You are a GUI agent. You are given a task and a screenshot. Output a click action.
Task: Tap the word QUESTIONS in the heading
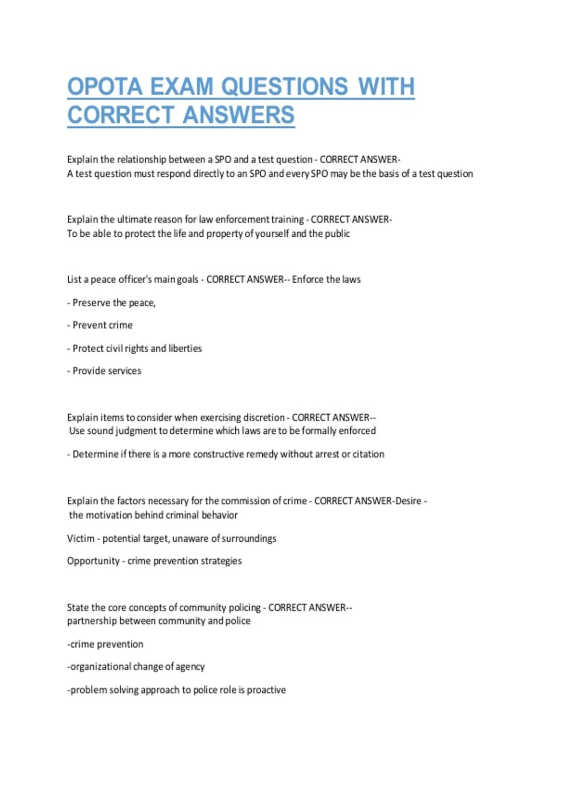tap(284, 87)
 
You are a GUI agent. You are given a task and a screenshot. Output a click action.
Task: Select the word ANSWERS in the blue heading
tap(239, 115)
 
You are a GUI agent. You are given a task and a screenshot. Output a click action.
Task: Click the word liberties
tap(185, 349)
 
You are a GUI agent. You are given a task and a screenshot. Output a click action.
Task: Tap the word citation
tap(368, 454)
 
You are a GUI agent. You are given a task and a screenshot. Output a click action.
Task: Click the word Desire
tap(408, 501)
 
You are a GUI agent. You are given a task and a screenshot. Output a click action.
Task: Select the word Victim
tap(80, 538)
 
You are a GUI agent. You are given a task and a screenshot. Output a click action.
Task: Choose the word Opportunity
tap(93, 561)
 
